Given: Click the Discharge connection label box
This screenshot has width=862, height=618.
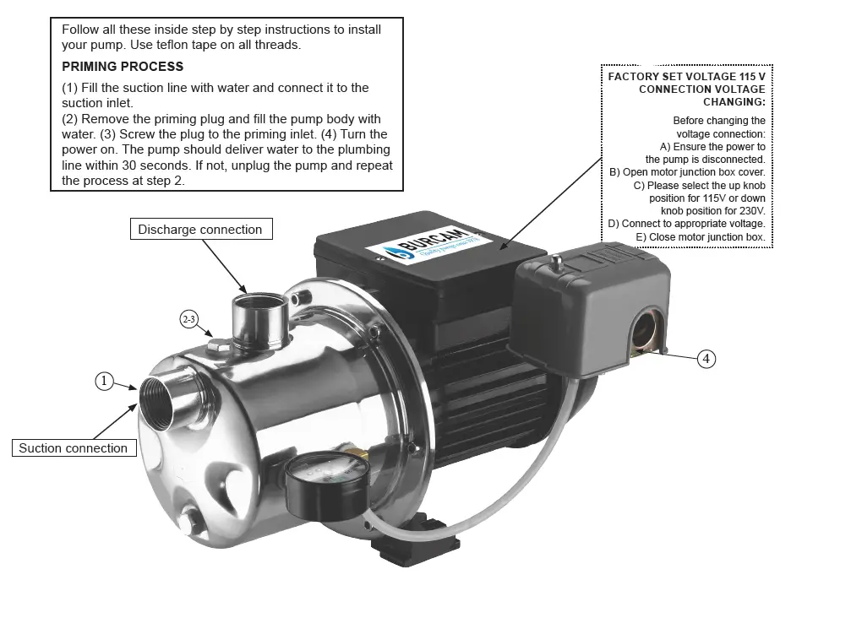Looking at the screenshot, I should click(200, 229).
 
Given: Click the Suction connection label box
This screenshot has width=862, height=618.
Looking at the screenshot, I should click(73, 448).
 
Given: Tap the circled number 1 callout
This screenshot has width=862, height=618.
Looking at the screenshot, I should click(103, 382).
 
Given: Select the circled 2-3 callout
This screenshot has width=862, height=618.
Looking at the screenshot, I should click(189, 319).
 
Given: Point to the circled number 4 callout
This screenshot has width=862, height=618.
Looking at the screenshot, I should click(707, 359).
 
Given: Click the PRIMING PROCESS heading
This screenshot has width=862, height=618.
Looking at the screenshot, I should click(123, 67).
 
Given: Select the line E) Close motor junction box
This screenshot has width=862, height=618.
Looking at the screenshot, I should click(701, 237).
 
